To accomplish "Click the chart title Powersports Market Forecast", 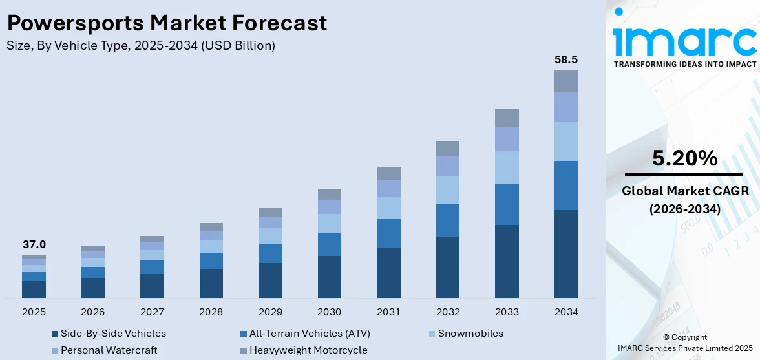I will pos(167,23).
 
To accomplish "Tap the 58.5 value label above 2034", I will pos(565,59).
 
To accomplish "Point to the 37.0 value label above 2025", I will pos(34,244).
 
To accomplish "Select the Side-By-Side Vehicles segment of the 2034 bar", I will pos(565,253).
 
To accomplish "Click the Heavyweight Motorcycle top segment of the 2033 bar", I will pos(507,118).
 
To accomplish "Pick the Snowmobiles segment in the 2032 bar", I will pos(447,190).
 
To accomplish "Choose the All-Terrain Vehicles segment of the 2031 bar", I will pos(388,233).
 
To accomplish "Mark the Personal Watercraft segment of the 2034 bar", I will pos(565,107).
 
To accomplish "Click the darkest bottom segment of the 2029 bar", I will pos(270,280).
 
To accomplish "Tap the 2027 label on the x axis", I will pos(152,312).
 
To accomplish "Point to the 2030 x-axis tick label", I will pos(329,312).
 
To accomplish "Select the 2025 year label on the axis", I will pos(34,312).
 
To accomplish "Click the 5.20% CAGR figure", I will pos(684,158).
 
